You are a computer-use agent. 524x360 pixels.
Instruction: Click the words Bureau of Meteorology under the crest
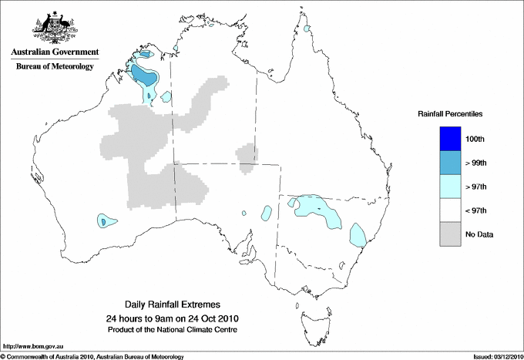(55, 67)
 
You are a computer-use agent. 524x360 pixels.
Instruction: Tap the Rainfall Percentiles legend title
(450, 114)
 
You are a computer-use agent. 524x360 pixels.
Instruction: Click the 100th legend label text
(475, 139)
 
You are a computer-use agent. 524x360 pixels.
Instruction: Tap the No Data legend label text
(479, 234)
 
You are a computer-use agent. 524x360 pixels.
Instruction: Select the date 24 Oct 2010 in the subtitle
(211, 318)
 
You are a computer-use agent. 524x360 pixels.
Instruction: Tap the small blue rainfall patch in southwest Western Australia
(103, 221)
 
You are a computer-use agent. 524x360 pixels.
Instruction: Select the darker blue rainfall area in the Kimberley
(143, 76)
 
